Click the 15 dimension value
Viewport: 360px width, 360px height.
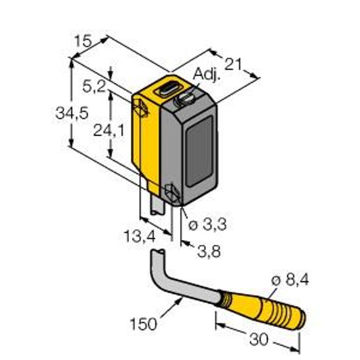pos(83,41)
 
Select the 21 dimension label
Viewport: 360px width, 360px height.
pos(233,64)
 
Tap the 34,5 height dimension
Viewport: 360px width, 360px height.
pos(72,113)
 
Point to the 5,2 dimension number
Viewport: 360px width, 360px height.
pos(94,86)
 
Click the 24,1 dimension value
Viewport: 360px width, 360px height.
pos(109,130)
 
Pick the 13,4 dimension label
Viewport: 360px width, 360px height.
pos(140,236)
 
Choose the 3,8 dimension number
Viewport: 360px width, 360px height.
pos(209,251)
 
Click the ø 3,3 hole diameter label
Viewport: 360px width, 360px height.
pos(208,224)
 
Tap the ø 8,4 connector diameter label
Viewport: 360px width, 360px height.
pos(290,280)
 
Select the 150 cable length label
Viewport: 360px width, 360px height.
pos(143,324)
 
